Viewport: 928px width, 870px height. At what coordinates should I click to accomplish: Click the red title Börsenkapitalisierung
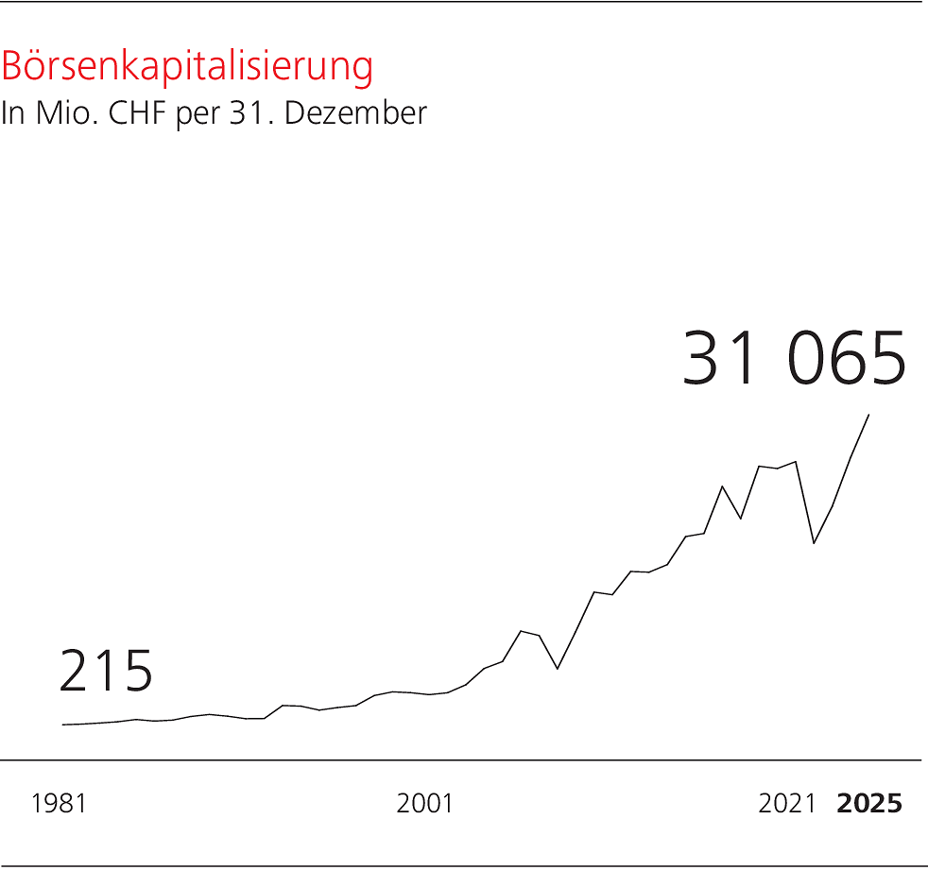tap(187, 67)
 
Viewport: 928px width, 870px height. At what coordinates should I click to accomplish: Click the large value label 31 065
tap(794, 359)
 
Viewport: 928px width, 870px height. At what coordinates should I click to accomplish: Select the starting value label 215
tap(106, 672)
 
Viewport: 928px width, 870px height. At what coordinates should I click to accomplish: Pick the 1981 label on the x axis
tap(59, 804)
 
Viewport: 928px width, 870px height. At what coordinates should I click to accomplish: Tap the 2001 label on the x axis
tap(424, 804)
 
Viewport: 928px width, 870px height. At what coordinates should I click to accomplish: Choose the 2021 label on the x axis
tap(786, 804)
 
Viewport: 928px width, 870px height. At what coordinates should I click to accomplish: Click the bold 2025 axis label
tap(869, 804)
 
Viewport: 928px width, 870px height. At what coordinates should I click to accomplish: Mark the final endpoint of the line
tap(868, 415)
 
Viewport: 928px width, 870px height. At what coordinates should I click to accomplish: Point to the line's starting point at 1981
tap(63, 725)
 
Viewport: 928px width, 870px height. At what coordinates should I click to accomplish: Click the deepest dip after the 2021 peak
tap(814, 543)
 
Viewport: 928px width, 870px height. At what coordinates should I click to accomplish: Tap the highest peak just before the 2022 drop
tap(796, 462)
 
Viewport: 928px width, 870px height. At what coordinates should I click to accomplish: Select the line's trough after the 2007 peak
tap(558, 669)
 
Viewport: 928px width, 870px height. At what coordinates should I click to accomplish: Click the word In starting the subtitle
tap(11, 113)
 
